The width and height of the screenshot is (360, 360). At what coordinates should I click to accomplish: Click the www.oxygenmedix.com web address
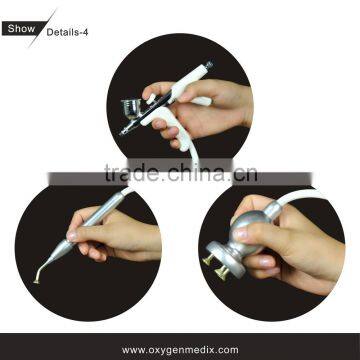coord(180,349)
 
